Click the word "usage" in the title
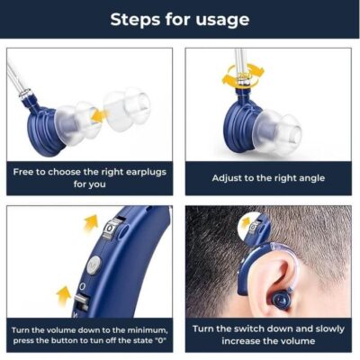[222, 21]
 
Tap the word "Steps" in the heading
[135, 19]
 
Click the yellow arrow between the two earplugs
[99, 116]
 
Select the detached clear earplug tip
[127, 109]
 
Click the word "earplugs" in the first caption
[146, 173]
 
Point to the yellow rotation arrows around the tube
[243, 76]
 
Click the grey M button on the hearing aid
[94, 265]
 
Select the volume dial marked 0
[111, 229]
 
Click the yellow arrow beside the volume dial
[91, 222]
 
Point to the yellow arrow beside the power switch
[64, 296]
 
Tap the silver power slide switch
[81, 301]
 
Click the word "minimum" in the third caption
[147, 330]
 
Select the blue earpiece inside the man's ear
[281, 299]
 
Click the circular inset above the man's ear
[254, 227]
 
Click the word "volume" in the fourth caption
[298, 341]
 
